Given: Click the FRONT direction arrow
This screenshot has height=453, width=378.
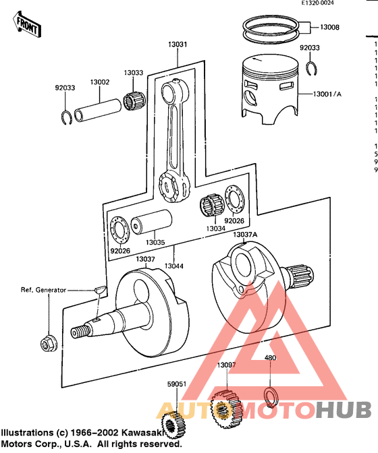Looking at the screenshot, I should pos(26,25).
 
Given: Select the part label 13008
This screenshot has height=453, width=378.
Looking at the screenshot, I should pos(330,28).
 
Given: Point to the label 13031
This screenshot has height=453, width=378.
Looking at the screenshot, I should pos(178,44).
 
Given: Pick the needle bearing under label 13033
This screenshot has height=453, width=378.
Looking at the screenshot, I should pos(134,102).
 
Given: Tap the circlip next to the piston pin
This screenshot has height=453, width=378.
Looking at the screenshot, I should pos(66,116).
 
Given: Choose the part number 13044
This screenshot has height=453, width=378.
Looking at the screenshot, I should pos(173,249).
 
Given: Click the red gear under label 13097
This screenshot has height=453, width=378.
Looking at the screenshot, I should pos(223,409).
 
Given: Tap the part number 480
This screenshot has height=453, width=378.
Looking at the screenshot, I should pos(270,358).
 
